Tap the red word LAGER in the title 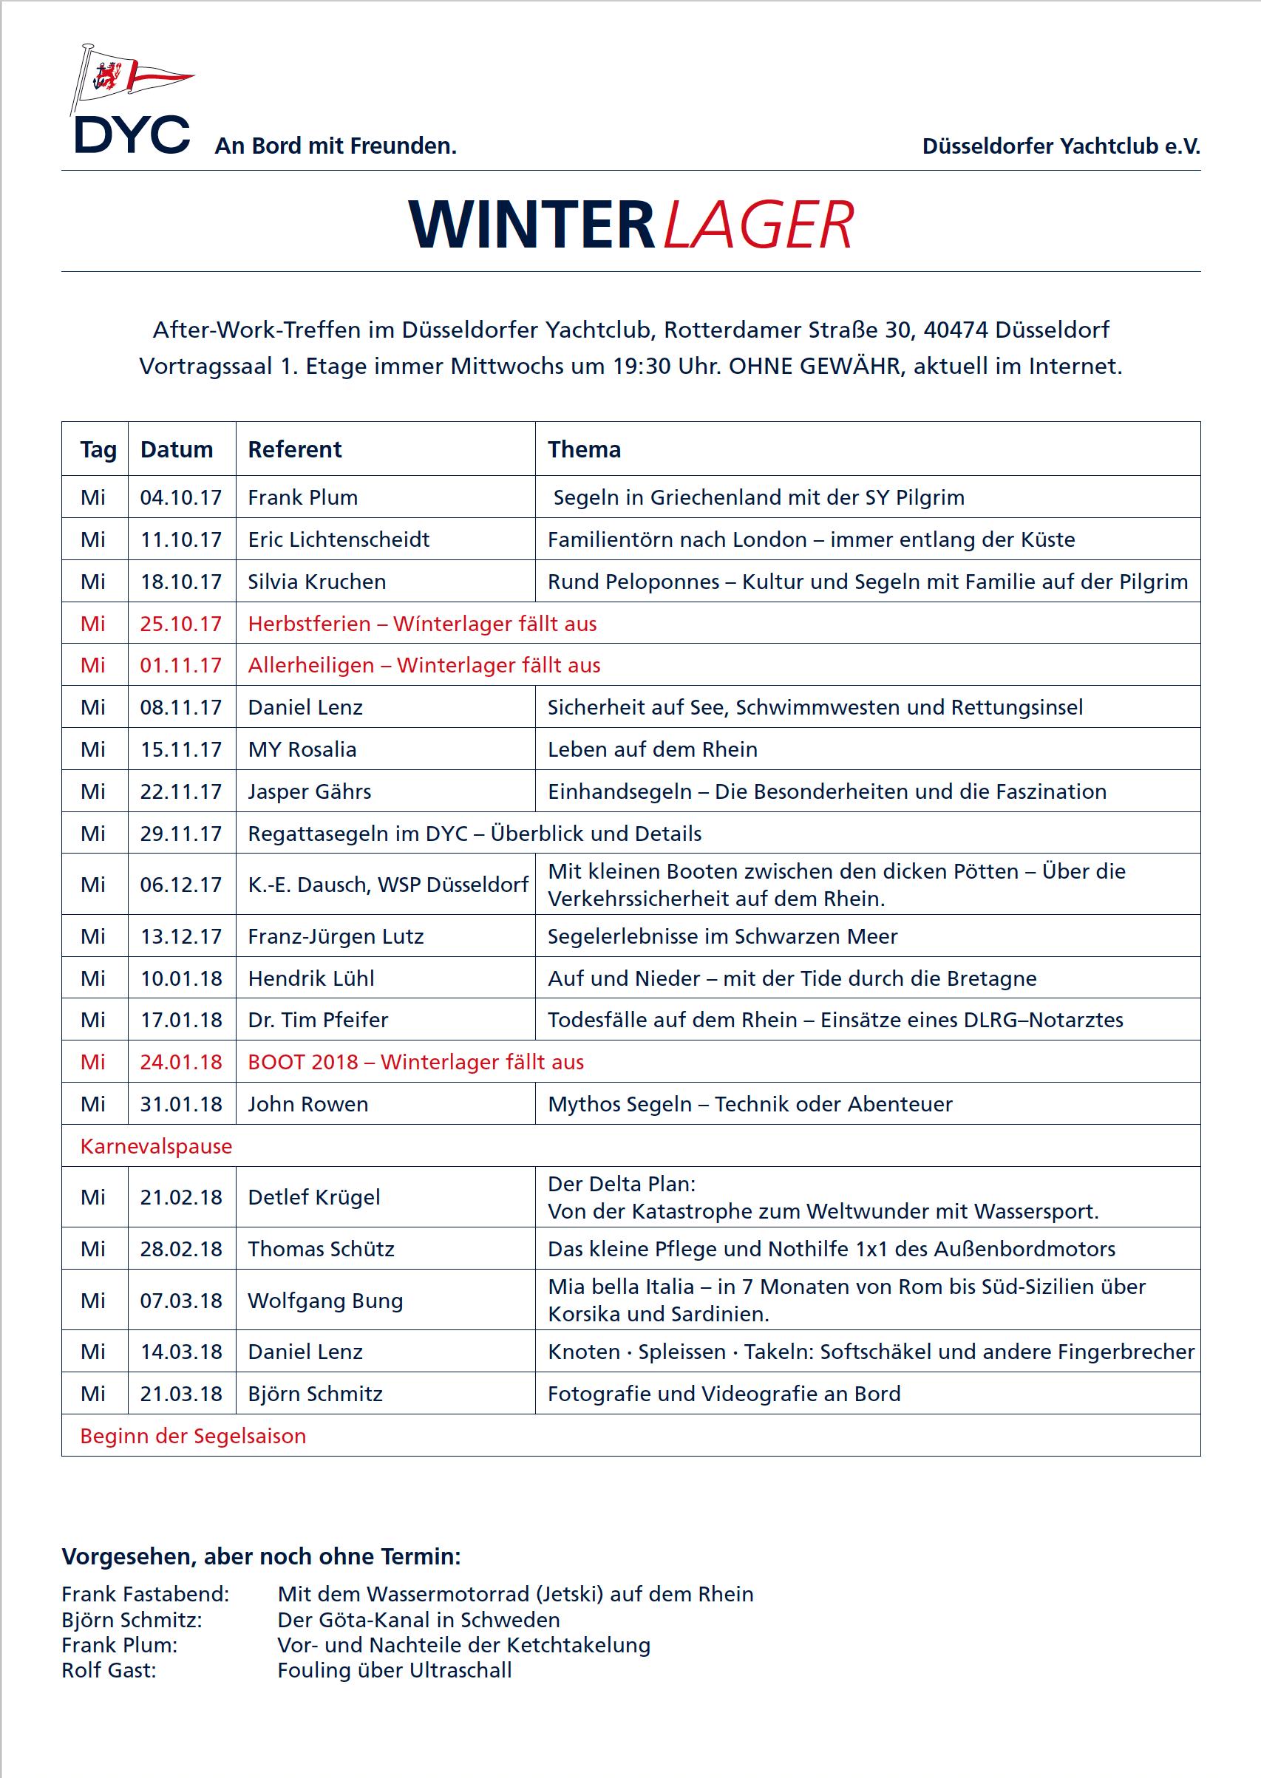758,225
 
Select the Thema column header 584,449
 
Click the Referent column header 294,449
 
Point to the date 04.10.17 181,497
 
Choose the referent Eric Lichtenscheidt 339,539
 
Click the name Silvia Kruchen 317,582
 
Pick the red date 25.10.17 181,623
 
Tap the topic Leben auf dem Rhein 652,749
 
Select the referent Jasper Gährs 309,791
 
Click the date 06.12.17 181,884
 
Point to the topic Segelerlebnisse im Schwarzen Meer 722,936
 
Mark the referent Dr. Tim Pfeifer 318,1020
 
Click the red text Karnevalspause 156,1146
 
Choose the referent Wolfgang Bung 325,1300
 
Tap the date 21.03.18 181,1393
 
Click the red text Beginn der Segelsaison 193,1436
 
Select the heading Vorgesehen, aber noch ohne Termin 261,1556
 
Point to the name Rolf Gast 109,1669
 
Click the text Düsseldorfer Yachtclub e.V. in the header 1061,146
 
